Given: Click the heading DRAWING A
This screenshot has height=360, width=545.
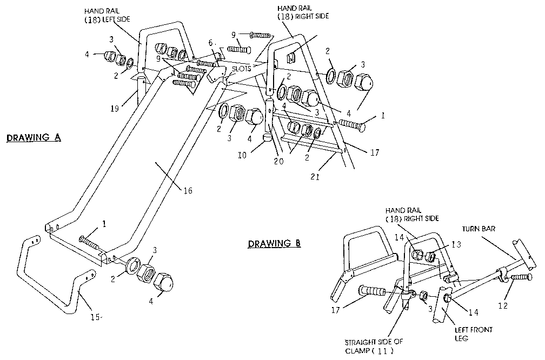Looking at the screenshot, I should [x=33, y=138].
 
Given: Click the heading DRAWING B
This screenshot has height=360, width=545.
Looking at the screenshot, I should [x=274, y=243].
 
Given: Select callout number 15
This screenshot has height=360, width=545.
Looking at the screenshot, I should [x=94, y=317].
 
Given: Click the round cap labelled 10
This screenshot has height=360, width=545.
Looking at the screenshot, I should [x=267, y=139].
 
